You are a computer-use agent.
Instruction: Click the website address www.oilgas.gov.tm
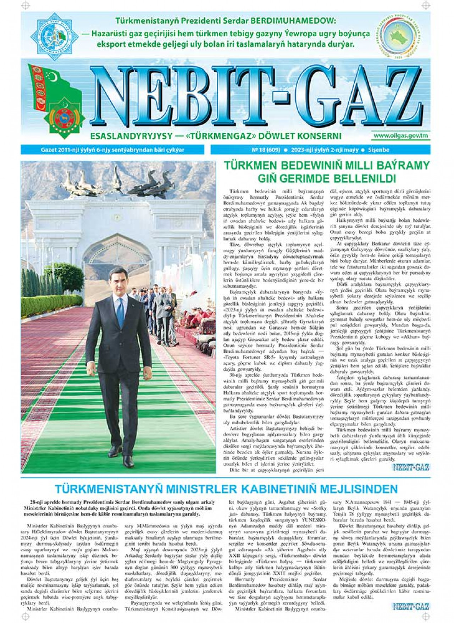(x=401, y=136)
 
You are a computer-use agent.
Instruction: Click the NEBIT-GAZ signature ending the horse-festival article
(x=411, y=467)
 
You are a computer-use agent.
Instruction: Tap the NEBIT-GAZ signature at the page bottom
(x=411, y=607)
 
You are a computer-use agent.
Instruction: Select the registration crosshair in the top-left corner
(x=24, y=5)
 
